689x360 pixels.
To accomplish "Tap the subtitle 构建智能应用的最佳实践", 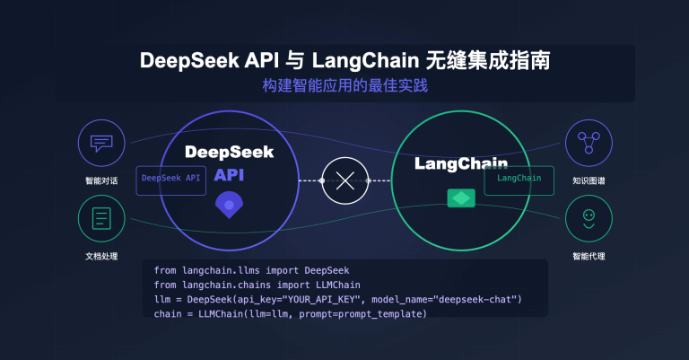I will (x=344, y=88).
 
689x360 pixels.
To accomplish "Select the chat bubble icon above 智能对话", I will (x=100, y=143).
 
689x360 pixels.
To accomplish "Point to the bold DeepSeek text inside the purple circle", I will (x=229, y=153).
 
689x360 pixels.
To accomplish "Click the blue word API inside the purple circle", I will (x=229, y=177).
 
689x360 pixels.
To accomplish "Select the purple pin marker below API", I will (x=229, y=206).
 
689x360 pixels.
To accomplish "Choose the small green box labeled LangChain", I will (x=519, y=179).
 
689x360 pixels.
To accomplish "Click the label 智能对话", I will (x=100, y=180).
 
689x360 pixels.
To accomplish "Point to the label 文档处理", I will (x=100, y=257).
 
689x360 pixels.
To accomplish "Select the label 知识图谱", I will (x=588, y=180).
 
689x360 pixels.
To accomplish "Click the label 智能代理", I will (x=588, y=257).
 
